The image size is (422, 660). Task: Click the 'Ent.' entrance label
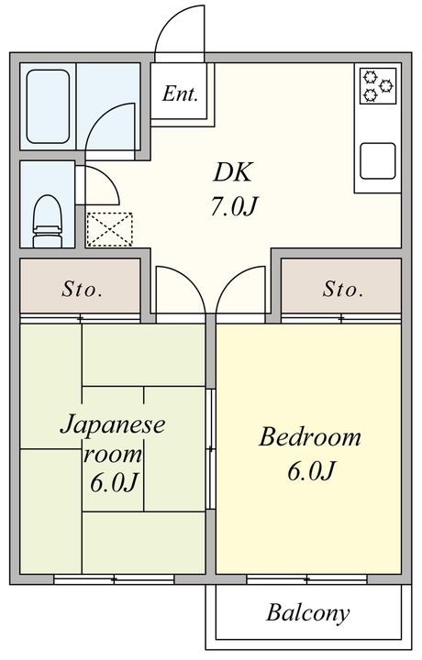(x=180, y=93)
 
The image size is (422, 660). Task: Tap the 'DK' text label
(x=233, y=172)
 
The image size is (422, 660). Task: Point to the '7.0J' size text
(x=233, y=206)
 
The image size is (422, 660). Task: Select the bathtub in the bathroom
(x=48, y=106)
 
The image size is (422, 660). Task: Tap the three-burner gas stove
(x=378, y=86)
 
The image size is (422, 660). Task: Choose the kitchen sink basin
(x=378, y=161)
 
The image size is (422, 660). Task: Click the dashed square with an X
(x=109, y=229)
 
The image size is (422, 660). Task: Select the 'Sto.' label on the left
(x=82, y=290)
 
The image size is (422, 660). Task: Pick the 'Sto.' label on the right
(x=343, y=290)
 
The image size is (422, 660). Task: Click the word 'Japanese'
(x=113, y=424)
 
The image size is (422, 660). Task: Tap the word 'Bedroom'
(x=310, y=437)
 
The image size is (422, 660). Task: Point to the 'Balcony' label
(x=308, y=613)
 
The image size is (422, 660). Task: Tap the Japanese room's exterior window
(x=114, y=579)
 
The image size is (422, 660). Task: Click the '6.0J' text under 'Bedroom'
(x=311, y=471)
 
